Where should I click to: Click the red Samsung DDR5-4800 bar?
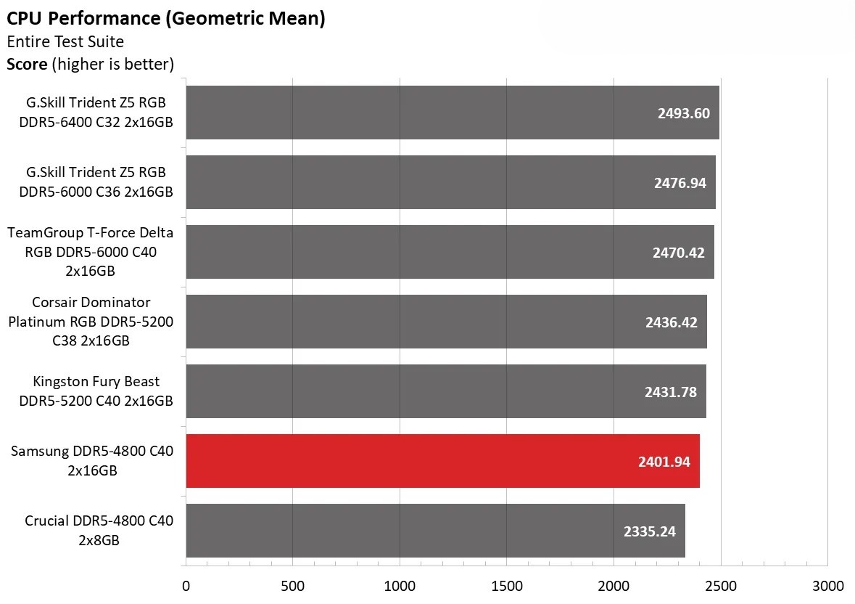442,461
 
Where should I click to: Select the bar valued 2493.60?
452,113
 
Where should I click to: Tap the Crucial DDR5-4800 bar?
435,531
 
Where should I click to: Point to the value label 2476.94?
680,183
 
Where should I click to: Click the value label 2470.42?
678,253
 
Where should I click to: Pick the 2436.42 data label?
671,322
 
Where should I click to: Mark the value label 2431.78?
670,392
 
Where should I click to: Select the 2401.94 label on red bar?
664,462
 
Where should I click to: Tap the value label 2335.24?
649,531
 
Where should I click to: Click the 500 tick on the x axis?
292,586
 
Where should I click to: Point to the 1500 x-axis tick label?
506,586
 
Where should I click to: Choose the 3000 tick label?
827,586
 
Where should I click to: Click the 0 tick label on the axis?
186,586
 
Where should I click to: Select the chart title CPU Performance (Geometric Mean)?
165,18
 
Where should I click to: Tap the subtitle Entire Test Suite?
65,41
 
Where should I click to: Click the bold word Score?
27,64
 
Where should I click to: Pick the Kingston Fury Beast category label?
96,391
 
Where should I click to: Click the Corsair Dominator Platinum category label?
91,321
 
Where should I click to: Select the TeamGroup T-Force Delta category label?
91,252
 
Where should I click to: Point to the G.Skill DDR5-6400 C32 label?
96,113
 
